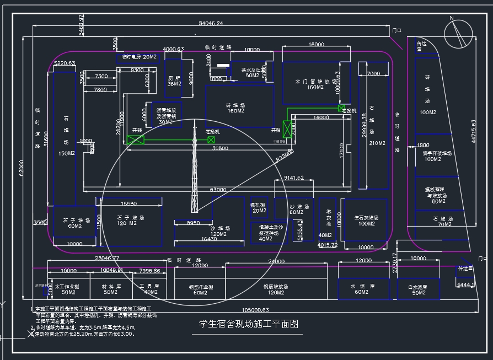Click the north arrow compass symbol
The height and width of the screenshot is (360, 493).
(458, 33)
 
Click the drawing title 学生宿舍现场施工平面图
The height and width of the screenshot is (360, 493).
(251, 324)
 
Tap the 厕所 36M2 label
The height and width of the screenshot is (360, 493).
(174, 80)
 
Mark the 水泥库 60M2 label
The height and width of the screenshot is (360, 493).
(362, 289)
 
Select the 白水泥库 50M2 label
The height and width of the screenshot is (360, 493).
(418, 290)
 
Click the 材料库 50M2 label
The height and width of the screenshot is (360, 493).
(111, 289)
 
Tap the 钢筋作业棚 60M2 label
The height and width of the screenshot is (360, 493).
(200, 290)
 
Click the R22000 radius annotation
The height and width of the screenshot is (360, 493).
(285, 155)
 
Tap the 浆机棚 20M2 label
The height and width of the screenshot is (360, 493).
(259, 207)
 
